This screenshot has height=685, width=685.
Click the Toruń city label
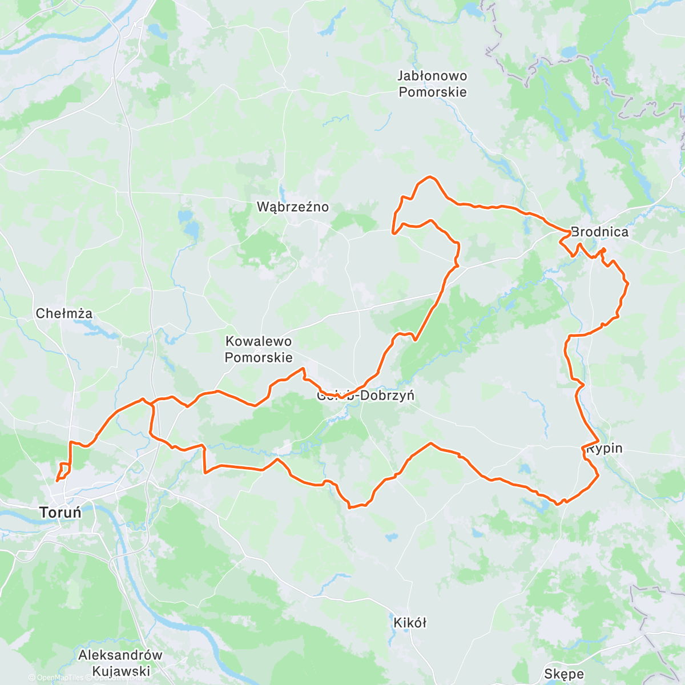click(x=61, y=512)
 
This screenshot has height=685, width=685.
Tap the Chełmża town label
click(x=64, y=313)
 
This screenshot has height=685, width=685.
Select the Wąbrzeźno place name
click(x=293, y=207)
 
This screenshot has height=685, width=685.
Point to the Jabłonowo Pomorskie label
click(x=433, y=84)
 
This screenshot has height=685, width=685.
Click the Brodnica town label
click(x=599, y=232)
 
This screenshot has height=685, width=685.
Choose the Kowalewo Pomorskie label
click(x=259, y=349)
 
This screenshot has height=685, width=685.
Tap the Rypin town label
click(x=605, y=449)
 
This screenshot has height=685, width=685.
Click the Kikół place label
click(x=410, y=622)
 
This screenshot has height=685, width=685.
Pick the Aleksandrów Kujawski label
click(x=120, y=663)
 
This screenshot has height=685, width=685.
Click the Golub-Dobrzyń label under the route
click(x=365, y=396)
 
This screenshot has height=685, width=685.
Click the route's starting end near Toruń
click(x=57, y=481)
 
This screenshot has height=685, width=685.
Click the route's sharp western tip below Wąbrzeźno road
click(x=393, y=232)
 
